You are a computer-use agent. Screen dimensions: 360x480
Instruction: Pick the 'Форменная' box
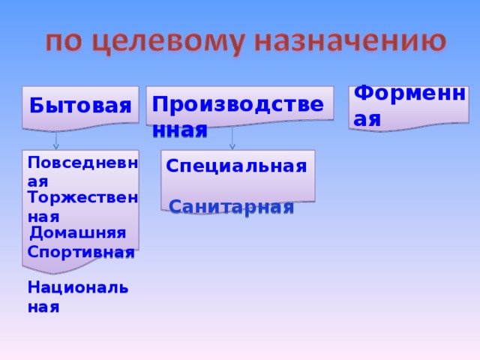click(x=409, y=106)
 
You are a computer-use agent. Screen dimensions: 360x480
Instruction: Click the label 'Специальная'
click(x=236, y=166)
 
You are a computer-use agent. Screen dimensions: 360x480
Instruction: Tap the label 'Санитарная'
click(x=231, y=208)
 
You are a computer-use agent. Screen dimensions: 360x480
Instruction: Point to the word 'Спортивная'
click(x=80, y=252)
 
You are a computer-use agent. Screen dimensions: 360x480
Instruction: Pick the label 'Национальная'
click(x=77, y=296)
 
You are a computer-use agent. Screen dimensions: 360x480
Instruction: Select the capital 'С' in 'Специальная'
click(x=172, y=166)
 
